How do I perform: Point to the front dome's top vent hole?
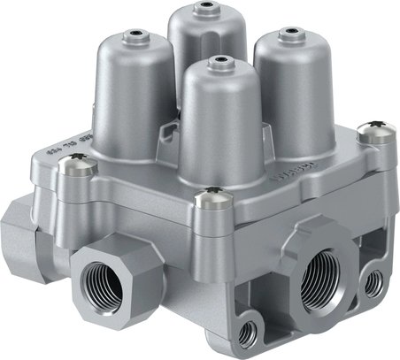pyautogui.click(x=215, y=63)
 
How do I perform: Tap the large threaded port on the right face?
pyautogui.click(x=320, y=278)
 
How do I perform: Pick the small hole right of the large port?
pyautogui.click(x=375, y=281)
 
